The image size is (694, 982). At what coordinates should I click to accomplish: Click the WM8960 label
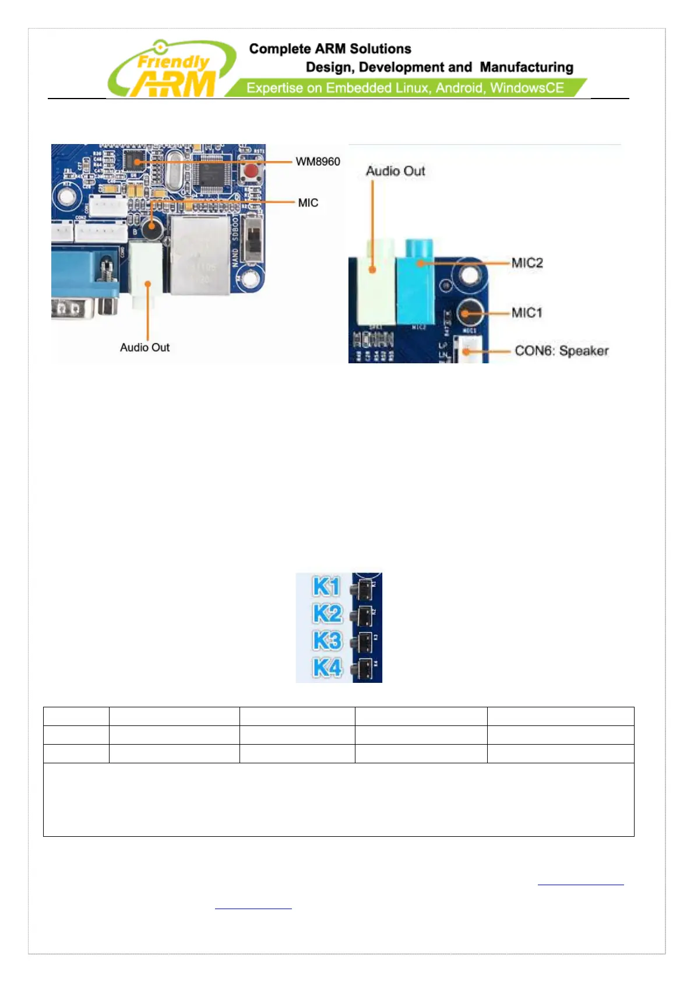point(318,162)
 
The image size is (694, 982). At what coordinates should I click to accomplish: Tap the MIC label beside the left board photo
point(308,202)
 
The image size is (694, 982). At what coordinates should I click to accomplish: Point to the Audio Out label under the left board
point(145,348)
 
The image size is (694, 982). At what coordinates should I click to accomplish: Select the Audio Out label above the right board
point(395,171)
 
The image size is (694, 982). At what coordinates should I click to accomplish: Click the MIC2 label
point(527,263)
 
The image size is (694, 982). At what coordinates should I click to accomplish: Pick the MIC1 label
point(527,313)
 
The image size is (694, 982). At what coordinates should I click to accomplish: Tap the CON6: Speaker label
point(561,351)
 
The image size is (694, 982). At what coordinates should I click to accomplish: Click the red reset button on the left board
point(251,172)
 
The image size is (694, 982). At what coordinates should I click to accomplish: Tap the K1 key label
point(326,587)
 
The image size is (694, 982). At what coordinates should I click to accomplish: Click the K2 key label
point(327,613)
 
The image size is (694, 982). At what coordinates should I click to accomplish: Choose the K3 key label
point(327,640)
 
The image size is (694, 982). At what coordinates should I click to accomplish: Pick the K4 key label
point(327,667)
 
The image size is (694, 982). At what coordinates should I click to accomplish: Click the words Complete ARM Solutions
point(330,49)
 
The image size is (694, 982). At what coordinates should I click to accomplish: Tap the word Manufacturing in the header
point(526,68)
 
